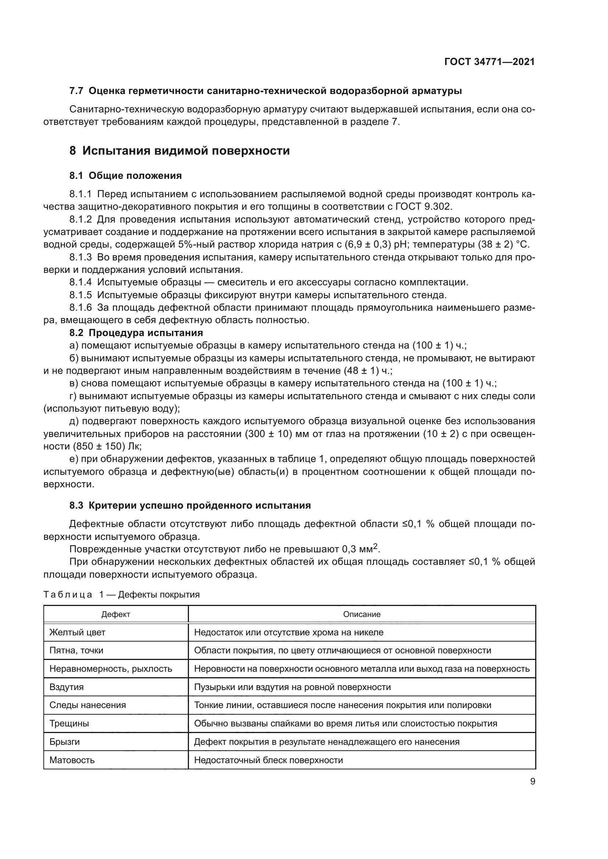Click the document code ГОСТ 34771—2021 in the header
489,62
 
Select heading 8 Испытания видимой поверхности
179,151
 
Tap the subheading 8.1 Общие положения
125,176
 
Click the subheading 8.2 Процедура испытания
136,333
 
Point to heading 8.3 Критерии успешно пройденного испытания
190,505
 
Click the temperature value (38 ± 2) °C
504,245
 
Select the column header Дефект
116,614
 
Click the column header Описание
362,614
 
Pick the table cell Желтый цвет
78,632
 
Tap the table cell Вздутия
67,687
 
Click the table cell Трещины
69,723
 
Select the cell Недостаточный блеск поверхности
268,760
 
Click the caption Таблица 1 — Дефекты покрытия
121,595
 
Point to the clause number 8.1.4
81,282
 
